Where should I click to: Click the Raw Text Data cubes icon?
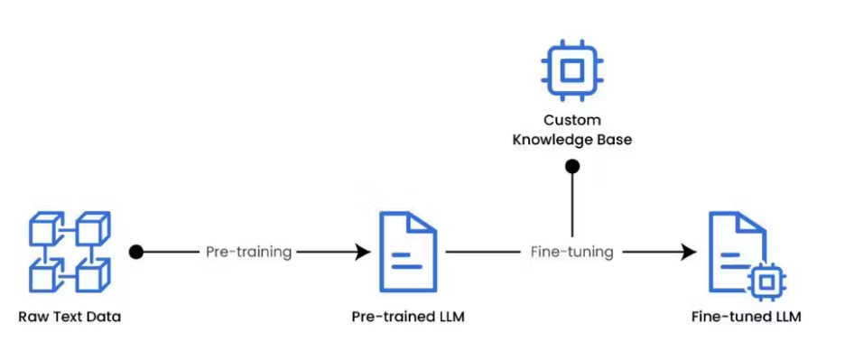[x=70, y=252]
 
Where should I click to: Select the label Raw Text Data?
[x=70, y=317]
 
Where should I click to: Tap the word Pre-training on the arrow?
[x=248, y=252]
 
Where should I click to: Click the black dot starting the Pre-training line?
[x=136, y=252]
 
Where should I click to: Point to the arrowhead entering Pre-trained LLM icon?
[x=362, y=252]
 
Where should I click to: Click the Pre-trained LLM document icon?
[x=408, y=252]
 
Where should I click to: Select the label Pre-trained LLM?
[x=408, y=317]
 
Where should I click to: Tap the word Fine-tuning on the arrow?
[x=571, y=252]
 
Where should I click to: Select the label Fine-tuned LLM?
[x=746, y=317]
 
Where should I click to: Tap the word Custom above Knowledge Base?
[x=571, y=120]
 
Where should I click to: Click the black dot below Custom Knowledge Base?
[x=571, y=166]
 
